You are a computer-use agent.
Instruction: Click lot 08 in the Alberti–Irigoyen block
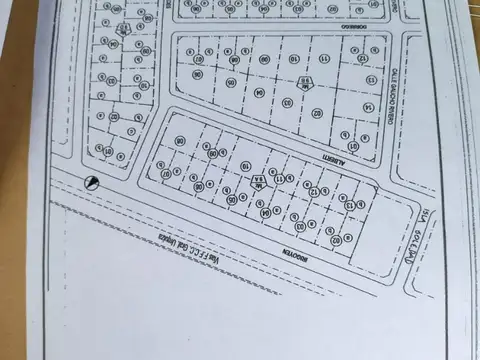(x=181, y=141)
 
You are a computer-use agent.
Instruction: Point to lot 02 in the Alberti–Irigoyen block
(x=335, y=240)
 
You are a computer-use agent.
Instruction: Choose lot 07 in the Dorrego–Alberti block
(x=199, y=59)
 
